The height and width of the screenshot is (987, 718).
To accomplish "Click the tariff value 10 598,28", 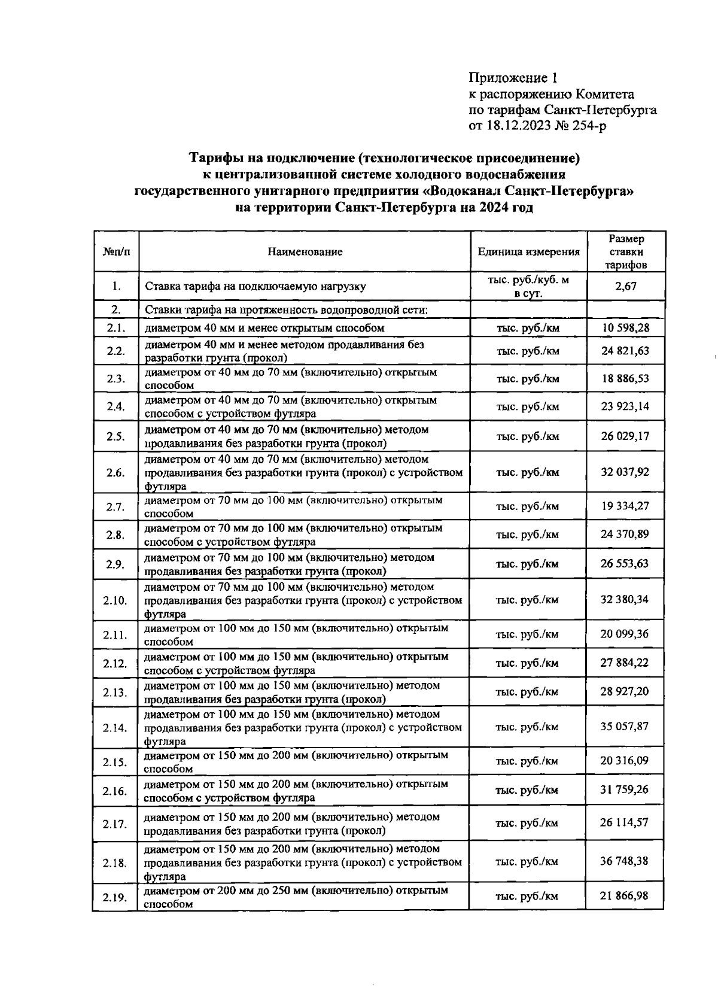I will coord(625,327).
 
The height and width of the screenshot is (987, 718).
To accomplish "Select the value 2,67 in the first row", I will coord(625,286).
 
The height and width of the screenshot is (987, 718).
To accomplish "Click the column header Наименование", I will coord(305,252).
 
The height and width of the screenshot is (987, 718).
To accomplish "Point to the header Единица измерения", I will coord(528,252).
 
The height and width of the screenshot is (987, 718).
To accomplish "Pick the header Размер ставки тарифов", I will coord(625,252).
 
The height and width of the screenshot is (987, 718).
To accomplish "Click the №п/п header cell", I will coord(115,252).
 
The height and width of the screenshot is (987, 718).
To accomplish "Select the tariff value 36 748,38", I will coord(625,861).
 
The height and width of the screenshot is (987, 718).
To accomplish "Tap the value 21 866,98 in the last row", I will coord(625,895).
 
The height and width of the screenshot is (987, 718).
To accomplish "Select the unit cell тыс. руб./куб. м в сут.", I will coord(528,286).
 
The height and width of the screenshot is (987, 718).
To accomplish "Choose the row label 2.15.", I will coord(115,762).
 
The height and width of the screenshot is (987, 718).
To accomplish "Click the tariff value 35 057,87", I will coord(625,727).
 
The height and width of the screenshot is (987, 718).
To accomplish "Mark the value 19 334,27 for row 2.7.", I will coord(625,506).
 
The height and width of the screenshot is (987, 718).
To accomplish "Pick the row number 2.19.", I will coord(115,897).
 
